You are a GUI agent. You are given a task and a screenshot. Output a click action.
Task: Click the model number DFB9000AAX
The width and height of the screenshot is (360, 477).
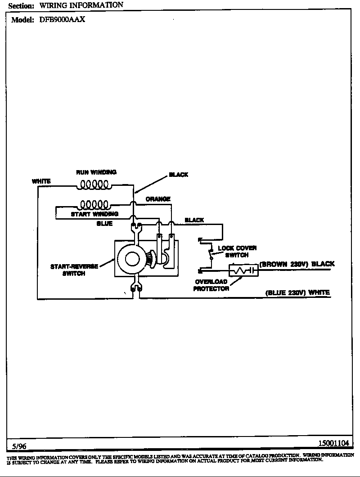click(62, 20)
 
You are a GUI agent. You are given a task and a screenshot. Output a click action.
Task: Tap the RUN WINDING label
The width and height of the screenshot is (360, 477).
click(96, 172)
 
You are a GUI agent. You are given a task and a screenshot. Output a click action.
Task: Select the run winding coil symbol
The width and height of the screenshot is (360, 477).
click(94, 185)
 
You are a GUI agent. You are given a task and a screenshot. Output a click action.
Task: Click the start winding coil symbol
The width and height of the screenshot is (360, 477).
click(94, 205)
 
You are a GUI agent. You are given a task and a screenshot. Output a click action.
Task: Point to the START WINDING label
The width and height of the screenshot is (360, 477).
click(94, 214)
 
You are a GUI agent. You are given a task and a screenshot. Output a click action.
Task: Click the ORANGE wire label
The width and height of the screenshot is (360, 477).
click(158, 199)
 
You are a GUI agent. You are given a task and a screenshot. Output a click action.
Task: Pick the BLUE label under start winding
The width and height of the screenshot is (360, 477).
click(105, 224)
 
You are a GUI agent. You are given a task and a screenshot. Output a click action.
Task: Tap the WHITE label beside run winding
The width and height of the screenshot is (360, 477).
click(41, 181)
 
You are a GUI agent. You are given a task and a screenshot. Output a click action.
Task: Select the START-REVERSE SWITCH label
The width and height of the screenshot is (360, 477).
click(74, 270)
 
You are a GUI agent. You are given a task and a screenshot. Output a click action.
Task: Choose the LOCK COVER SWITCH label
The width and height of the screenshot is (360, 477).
click(237, 252)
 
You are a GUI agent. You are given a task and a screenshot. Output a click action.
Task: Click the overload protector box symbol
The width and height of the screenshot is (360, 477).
click(243, 270)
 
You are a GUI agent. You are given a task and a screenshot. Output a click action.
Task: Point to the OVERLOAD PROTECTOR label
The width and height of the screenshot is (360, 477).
click(211, 285)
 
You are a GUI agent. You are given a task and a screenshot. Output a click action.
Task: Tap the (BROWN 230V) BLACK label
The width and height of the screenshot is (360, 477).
click(297, 264)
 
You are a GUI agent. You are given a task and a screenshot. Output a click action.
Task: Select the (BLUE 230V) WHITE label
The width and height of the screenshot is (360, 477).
click(297, 292)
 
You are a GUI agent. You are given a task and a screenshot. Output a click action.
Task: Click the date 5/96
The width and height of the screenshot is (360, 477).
click(19, 446)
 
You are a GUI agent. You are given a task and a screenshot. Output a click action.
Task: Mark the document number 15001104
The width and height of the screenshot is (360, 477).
click(333, 443)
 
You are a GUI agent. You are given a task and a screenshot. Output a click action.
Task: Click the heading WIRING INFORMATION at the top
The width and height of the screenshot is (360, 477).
click(81, 5)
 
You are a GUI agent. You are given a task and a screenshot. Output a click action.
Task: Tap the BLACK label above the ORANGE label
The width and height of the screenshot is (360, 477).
click(179, 175)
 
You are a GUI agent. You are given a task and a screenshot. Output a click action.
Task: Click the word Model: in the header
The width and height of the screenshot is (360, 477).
click(22, 20)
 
